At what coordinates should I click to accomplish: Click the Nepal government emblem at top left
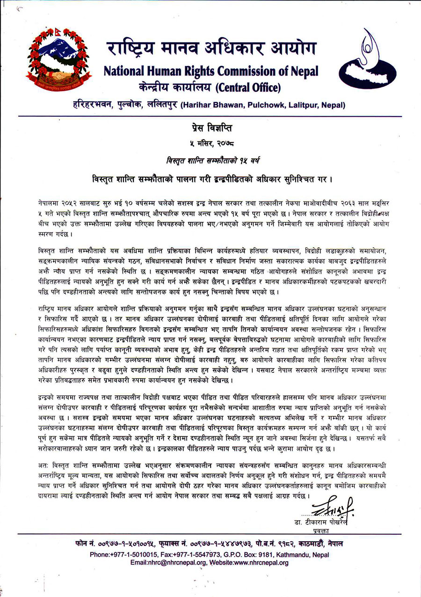(x=57, y=58)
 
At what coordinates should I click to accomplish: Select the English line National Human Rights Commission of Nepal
(x=210, y=71)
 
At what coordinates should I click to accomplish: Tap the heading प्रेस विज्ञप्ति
(x=210, y=127)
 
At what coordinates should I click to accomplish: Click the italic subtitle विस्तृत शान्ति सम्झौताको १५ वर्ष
(x=210, y=160)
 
